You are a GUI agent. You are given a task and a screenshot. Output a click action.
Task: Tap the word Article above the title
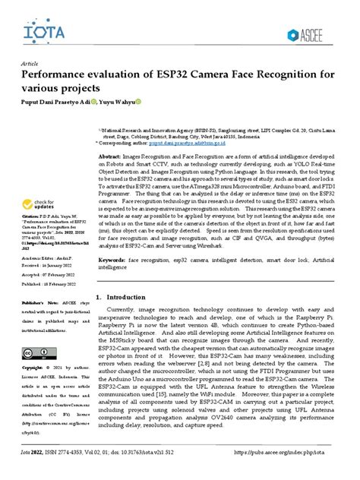(x=32, y=64)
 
